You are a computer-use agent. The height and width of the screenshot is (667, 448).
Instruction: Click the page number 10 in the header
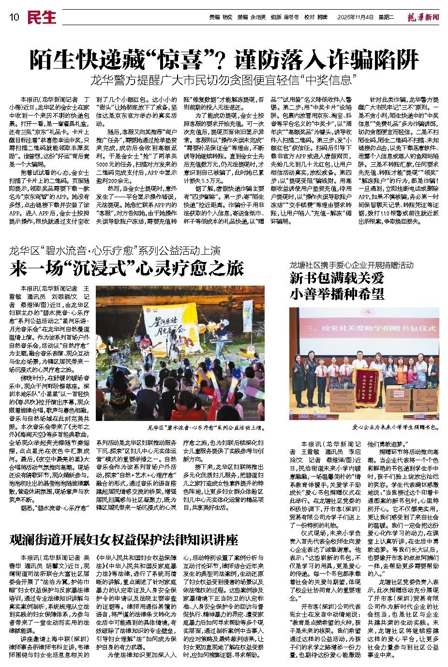[x=13, y=17]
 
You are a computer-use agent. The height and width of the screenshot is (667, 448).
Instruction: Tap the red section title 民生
[x=41, y=17]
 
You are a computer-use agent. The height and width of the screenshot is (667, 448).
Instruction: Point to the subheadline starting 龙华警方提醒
[x=224, y=78]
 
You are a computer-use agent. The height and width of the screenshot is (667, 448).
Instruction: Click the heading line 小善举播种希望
[x=337, y=294]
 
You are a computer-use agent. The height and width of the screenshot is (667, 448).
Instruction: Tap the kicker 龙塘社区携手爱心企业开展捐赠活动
[x=351, y=265]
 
